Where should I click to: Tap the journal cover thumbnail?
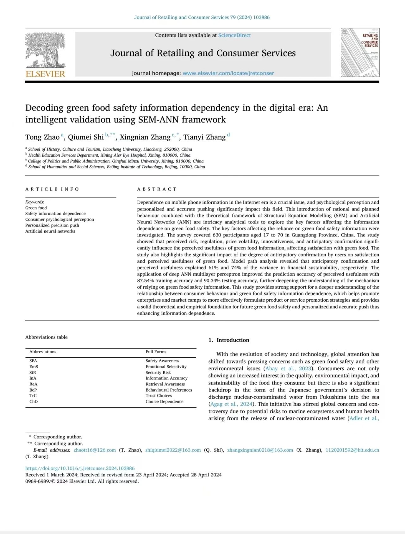(360, 53)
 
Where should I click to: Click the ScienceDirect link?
(234, 35)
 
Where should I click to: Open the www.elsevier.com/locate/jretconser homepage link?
(228, 73)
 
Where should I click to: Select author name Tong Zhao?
(42, 137)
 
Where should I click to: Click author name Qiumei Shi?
(86, 137)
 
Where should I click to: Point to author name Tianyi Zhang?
(204, 137)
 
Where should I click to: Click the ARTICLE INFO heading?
(52, 189)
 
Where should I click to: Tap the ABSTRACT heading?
(157, 189)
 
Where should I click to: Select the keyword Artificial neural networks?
(50, 231)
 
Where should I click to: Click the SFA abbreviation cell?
(33, 361)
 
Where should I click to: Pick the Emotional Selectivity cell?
(166, 367)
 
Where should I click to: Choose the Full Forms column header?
(156, 352)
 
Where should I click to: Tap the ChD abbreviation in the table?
(34, 401)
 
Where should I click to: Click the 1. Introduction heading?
(229, 340)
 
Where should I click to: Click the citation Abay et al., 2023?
(288, 368)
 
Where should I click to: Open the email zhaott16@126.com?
(95, 450)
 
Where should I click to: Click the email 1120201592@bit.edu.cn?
(352, 450)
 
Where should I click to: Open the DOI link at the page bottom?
(80, 468)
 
